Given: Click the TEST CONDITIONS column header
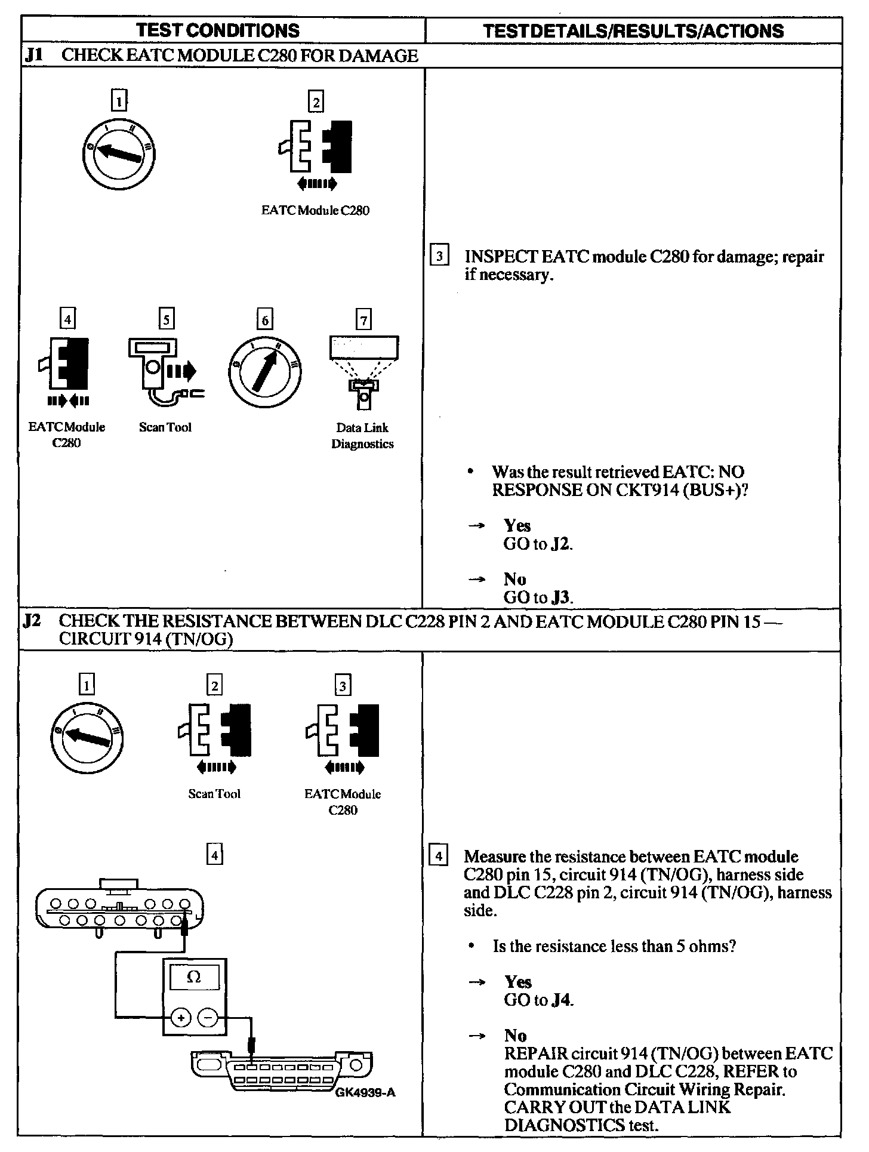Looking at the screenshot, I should click(x=218, y=30).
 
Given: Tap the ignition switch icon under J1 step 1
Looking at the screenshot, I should click(x=119, y=153).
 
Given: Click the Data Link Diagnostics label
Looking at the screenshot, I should click(x=362, y=436).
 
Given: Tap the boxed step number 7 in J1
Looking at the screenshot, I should click(x=363, y=320).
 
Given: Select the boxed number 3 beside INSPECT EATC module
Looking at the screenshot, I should click(x=439, y=257).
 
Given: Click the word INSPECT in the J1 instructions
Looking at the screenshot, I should click(x=500, y=257).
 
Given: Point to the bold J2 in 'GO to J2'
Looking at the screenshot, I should click(x=561, y=544).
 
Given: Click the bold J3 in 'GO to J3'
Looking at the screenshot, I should click(x=561, y=597).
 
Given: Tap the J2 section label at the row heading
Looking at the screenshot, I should click(x=32, y=621).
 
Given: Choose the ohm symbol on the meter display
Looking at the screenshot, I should click(x=194, y=977).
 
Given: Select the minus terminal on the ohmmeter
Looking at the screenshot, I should click(x=207, y=1016).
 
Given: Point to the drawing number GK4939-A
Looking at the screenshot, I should click(x=365, y=1092).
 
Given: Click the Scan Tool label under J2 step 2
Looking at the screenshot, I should click(x=214, y=794).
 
